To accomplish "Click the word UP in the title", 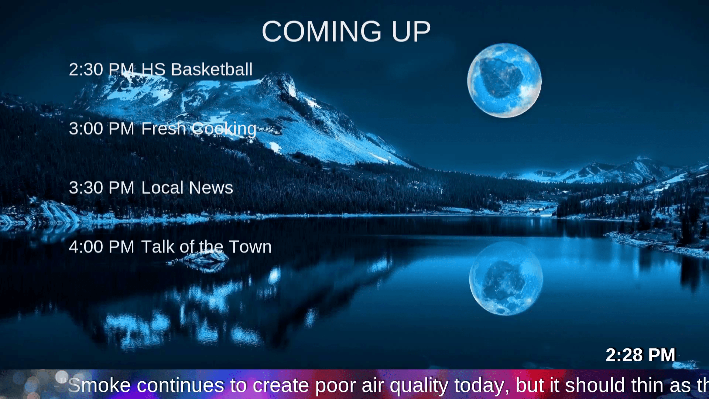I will [411, 32].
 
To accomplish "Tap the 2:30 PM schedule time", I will [101, 69].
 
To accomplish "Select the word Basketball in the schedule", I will [212, 69].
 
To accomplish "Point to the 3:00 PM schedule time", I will [101, 129].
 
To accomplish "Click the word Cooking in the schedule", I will [224, 129].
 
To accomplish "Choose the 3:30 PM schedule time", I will [101, 188].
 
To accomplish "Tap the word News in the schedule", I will [211, 188].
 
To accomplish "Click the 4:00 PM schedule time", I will [101, 247].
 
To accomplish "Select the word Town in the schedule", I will [250, 247].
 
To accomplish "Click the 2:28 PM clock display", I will [640, 355].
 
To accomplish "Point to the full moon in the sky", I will [504, 81].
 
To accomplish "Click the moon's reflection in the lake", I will [506, 279].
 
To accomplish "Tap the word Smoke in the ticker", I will [99, 385].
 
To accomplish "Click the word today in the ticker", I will [482, 385].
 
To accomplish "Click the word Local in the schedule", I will [162, 188].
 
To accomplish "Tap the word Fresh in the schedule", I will [164, 129].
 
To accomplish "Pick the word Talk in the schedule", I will [158, 247].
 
